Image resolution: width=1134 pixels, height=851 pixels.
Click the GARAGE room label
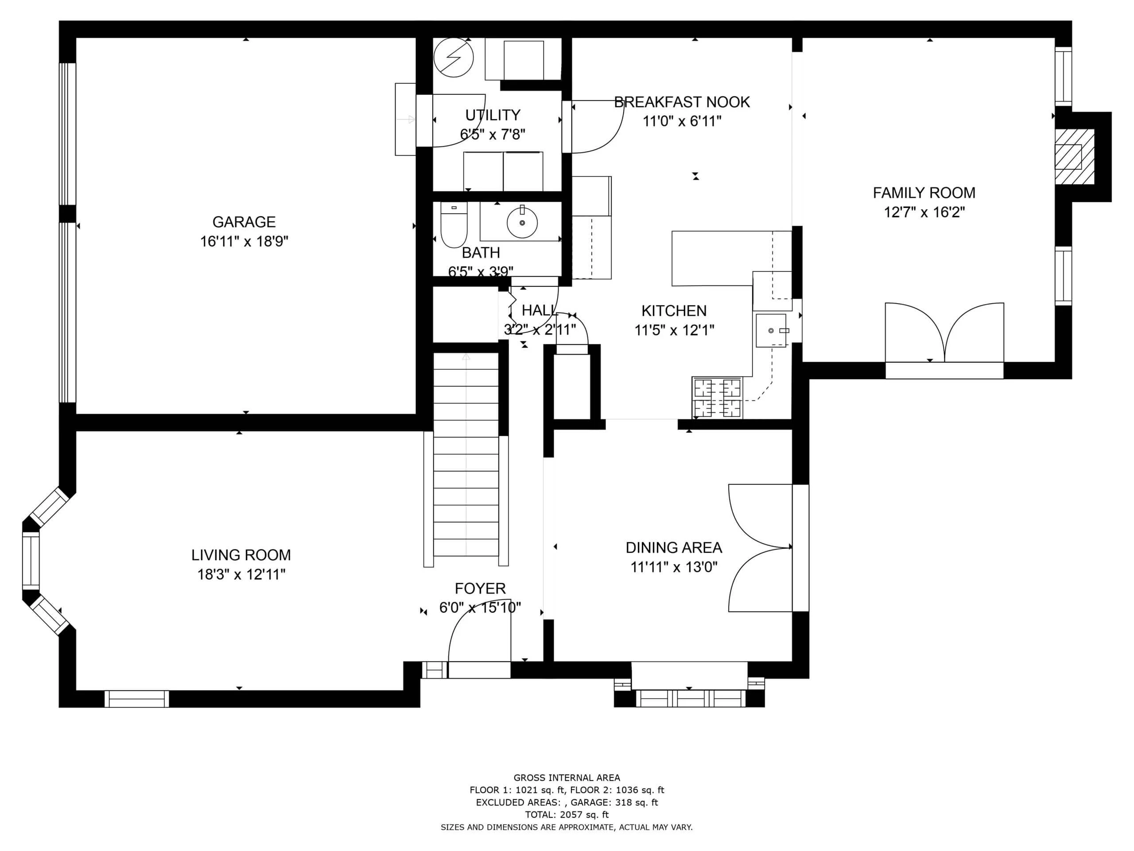pos(244,222)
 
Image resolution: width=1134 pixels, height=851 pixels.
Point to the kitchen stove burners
pos(717,398)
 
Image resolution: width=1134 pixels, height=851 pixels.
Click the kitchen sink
pos(771,330)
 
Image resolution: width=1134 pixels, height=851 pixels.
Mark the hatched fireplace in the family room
pos(1075,156)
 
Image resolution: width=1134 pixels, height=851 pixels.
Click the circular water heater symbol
pos(454,58)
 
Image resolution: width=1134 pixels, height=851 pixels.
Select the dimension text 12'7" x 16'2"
pos(924,212)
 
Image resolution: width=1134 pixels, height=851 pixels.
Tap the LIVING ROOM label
pos(241,555)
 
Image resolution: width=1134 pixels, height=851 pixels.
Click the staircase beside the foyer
pos(466,454)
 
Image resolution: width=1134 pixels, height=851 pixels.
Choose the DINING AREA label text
pos(674,548)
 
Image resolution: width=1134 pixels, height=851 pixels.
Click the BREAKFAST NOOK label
pos(682,102)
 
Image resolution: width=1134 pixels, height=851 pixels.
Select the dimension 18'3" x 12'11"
pos(241,574)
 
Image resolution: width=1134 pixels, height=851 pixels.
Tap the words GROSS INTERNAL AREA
pos(567,778)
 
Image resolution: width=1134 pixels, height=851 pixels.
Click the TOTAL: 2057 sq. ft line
pos(567,815)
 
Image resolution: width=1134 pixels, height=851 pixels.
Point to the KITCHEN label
pos(674,311)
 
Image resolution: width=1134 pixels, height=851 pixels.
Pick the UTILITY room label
pos(493,115)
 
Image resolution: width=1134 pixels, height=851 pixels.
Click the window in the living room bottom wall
pos(137,699)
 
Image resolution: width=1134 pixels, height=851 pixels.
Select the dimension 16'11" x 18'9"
pos(244,242)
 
